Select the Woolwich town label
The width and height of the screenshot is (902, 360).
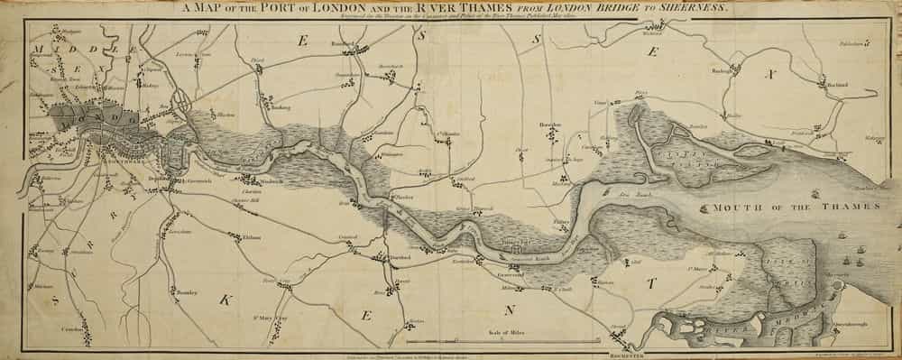click(x=273, y=180)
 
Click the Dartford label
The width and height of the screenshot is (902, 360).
click(x=400, y=258)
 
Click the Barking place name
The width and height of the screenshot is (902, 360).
click(x=281, y=106)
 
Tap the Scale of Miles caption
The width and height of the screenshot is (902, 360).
click(x=495, y=332)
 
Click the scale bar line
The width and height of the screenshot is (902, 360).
click(x=496, y=343)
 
